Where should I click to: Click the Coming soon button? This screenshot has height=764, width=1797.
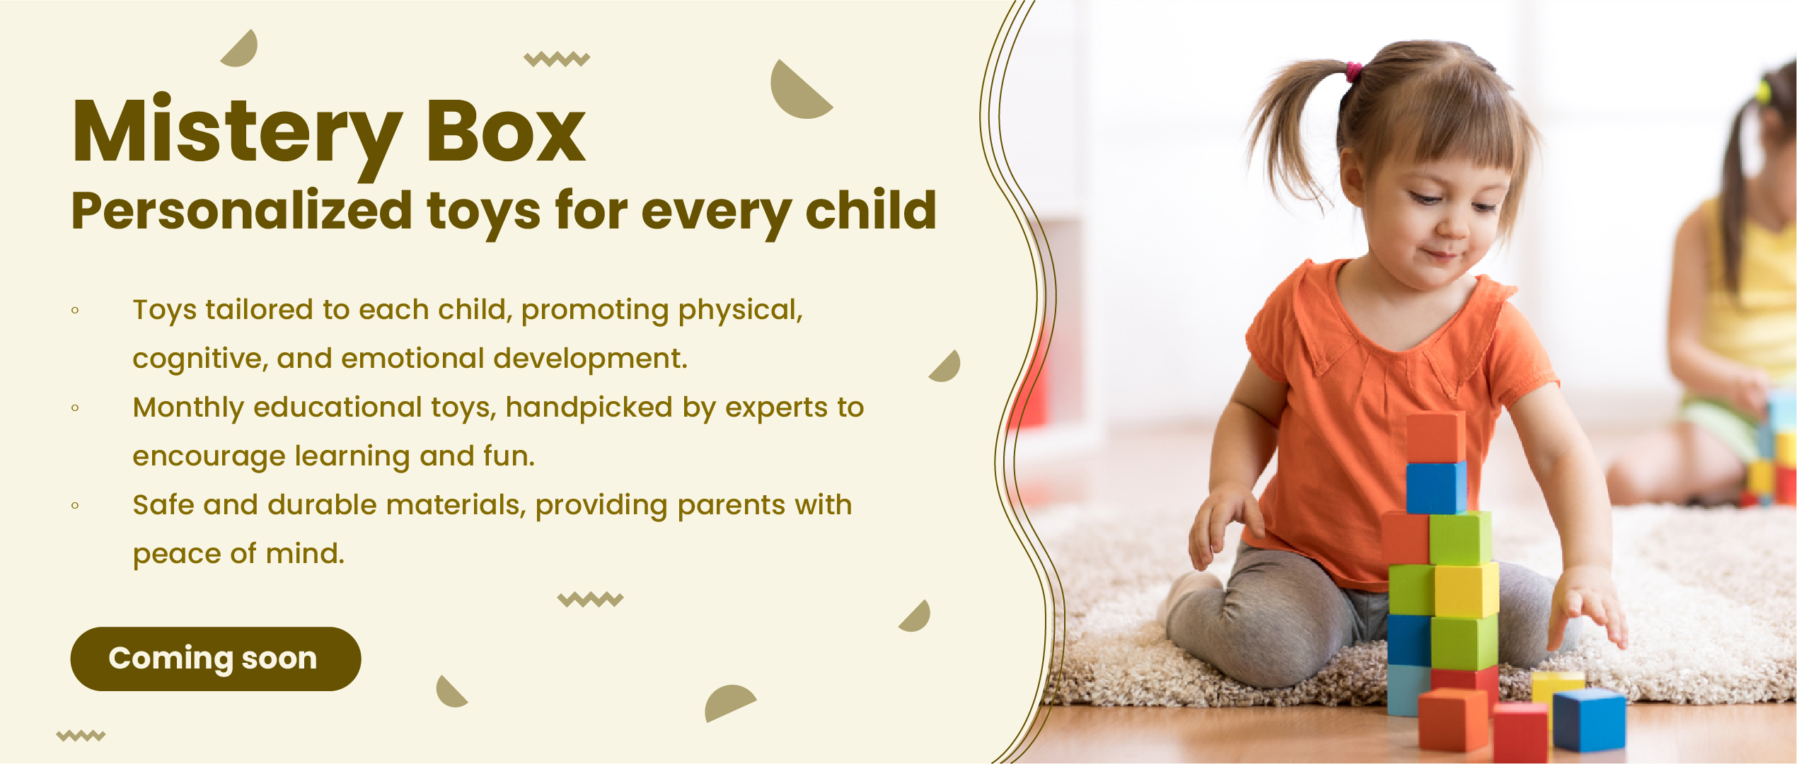click(216, 659)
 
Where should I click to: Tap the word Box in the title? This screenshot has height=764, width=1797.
click(506, 131)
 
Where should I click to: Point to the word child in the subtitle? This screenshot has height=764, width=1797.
click(871, 210)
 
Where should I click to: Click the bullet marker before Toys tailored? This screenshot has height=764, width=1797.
click(75, 310)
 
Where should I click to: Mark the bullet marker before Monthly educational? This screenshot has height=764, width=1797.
click(75, 407)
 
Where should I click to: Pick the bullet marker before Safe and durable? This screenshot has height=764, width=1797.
click(75, 505)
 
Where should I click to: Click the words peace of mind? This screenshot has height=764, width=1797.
click(238, 554)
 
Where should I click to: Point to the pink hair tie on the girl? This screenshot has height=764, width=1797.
click(1353, 71)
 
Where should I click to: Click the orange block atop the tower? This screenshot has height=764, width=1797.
click(1435, 438)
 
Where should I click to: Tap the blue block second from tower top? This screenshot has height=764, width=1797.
click(1435, 488)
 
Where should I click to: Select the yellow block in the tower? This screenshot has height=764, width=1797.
click(1467, 590)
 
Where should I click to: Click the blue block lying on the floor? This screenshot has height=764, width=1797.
click(1589, 719)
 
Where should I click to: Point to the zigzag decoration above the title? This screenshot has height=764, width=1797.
click(557, 59)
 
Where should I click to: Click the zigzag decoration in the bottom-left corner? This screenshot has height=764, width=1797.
click(81, 736)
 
